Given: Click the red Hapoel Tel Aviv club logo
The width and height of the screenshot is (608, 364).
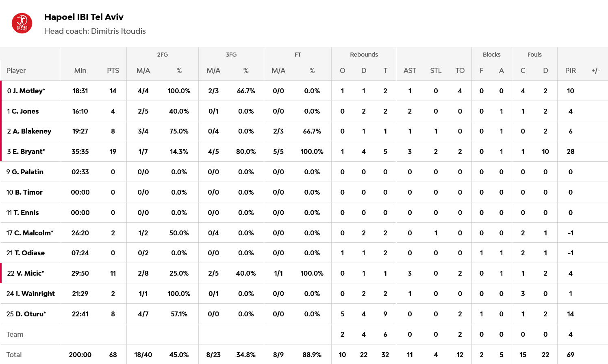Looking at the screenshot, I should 22,24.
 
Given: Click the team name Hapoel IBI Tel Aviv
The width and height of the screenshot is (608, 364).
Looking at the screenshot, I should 84,17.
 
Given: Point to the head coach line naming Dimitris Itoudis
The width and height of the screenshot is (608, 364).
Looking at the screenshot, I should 95,31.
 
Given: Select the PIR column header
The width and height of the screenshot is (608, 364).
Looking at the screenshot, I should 570,70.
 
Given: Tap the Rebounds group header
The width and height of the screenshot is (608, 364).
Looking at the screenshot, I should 364,55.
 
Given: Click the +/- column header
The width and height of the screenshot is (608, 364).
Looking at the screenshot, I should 595,70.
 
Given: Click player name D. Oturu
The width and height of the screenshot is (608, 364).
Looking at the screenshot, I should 30,314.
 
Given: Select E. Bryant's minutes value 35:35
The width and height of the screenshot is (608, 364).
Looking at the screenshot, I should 80,151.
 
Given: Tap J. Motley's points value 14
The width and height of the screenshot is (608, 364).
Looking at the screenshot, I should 113,91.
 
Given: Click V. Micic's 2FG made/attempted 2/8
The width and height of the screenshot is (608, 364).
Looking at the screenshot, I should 143,273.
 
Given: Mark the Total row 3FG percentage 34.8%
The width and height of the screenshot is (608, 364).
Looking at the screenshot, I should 246,355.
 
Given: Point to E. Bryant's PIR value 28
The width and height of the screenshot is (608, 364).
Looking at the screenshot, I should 570,151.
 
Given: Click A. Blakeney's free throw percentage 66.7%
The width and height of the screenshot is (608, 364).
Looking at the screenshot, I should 312,131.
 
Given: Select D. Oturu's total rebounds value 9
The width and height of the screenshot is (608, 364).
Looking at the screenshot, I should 385,314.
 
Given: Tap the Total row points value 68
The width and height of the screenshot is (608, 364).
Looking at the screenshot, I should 113,355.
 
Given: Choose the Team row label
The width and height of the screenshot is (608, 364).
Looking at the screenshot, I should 15,334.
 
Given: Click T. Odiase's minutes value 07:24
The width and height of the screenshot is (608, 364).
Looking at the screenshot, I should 80,253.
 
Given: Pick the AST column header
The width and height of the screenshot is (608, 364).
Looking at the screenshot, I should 410,70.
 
